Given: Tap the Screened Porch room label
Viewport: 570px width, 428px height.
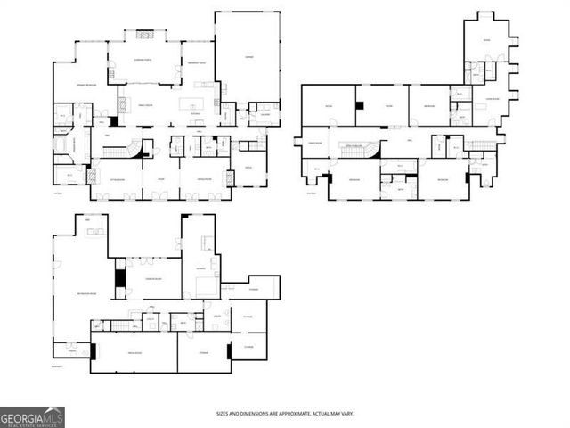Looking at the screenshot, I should point(142,59).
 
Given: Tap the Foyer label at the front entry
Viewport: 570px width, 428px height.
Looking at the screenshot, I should point(161,179).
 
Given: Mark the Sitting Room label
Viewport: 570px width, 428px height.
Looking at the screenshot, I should point(117,179).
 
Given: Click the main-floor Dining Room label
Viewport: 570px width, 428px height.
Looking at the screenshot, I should point(201,179).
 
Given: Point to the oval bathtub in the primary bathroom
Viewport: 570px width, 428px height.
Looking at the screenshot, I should point(61,143).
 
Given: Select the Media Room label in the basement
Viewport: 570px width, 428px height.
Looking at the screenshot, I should point(134,353).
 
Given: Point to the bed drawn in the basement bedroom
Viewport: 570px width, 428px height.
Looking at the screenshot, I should point(206,286).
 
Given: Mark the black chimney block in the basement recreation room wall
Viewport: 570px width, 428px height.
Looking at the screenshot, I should point(120,279).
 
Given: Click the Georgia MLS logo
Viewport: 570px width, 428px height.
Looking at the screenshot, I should point(32,416).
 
